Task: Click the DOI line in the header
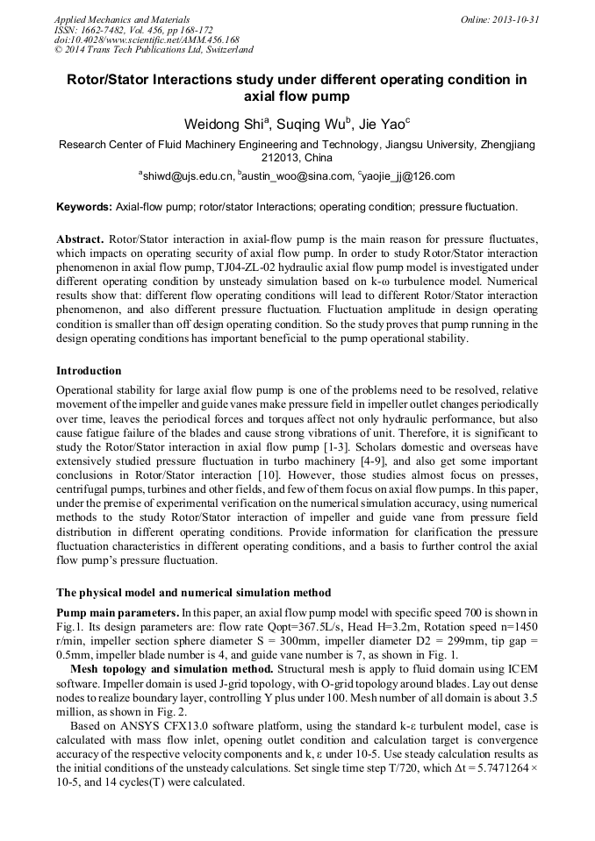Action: [x=147, y=39]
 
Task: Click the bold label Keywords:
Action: [x=84, y=208]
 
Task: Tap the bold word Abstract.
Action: [x=80, y=239]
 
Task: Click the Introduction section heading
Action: [x=89, y=371]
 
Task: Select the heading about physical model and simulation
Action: [x=193, y=592]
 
